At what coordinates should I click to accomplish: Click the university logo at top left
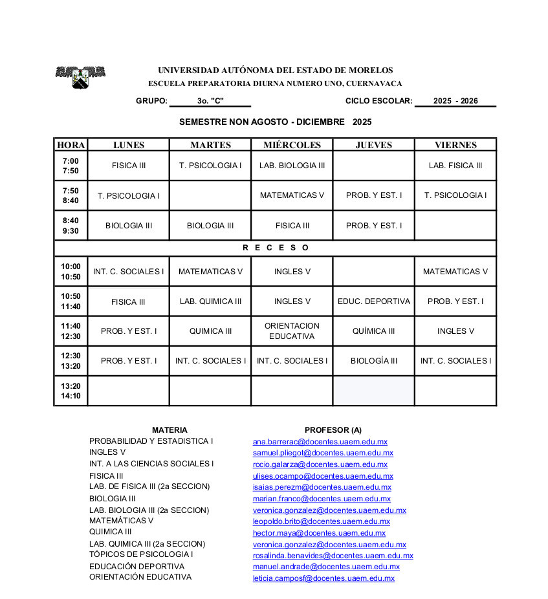[80, 77]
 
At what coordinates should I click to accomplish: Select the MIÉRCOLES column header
[292, 145]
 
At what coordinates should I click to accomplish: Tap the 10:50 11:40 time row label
[71, 301]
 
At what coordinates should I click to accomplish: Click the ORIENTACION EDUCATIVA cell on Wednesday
[292, 331]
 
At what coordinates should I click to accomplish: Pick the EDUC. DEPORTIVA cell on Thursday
[374, 301]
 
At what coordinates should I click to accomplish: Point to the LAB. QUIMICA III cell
[210, 301]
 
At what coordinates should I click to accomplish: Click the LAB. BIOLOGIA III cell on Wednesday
[292, 166]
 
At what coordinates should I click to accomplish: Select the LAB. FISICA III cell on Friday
[455, 166]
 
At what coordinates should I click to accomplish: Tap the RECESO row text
[276, 248]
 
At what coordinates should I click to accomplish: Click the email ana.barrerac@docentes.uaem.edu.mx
[320, 442]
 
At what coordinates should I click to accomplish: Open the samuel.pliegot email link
[323, 453]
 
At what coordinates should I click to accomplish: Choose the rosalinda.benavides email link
[333, 556]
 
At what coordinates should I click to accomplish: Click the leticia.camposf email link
[323, 578]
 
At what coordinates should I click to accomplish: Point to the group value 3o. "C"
[210, 101]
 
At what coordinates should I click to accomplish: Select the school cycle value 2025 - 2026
[455, 101]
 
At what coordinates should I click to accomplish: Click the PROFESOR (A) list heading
[333, 430]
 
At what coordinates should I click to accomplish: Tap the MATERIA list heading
[170, 430]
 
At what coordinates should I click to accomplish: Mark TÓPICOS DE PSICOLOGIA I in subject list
[141, 554]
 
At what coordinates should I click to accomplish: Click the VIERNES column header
[455, 145]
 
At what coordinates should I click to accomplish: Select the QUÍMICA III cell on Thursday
[374, 331]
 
